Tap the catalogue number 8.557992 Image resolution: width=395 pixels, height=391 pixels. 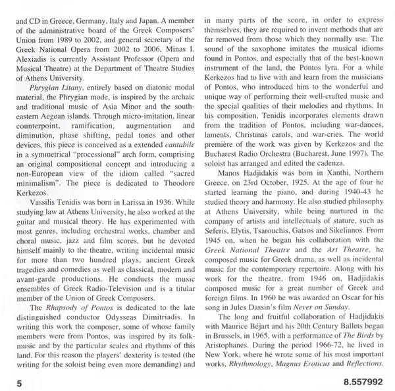[x=365, y=380]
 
